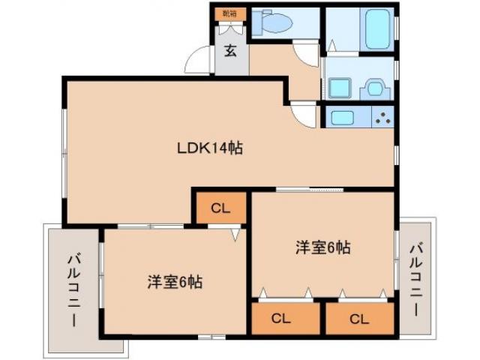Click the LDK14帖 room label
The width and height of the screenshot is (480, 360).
209,148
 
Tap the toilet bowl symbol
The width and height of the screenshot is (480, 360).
278,23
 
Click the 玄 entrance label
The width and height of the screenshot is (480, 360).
231,52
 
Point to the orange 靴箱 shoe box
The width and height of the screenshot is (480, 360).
228,13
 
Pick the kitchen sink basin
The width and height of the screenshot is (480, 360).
343,118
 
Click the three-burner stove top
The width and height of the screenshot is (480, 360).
382,118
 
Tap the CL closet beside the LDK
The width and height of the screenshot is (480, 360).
220,208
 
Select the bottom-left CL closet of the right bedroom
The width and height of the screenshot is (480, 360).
280,318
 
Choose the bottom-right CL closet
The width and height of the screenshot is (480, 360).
359,318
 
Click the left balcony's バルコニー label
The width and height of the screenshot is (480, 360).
73,289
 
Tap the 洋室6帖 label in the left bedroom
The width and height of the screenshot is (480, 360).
174,282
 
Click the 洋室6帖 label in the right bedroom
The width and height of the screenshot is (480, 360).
322,247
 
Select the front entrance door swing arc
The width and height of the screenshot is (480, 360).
199,60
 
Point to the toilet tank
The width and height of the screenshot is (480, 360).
259,23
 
